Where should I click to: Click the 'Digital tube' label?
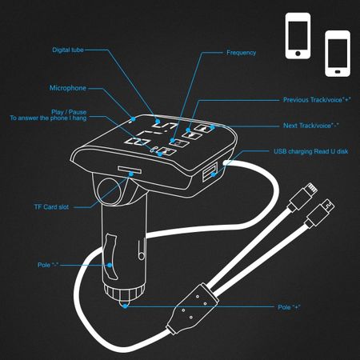[68, 50]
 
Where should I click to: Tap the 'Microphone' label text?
[68, 88]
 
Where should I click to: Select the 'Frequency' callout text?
[241, 53]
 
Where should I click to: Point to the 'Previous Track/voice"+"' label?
[317, 100]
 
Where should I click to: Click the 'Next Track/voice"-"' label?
[310, 126]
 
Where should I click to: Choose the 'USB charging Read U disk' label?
[311, 151]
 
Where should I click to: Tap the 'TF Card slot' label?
[51, 207]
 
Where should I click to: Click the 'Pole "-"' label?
[48, 265]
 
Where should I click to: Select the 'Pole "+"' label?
[289, 307]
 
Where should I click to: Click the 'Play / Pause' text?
[69, 112]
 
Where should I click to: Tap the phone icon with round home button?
[298, 36]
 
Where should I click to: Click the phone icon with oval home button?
[338, 54]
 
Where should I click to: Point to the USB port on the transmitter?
[210, 173]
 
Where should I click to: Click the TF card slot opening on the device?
[130, 170]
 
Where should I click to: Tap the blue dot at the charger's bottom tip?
[125, 306]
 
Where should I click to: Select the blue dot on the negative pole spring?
[110, 265]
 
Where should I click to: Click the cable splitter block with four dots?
[193, 308]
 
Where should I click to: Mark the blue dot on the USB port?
[213, 174]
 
